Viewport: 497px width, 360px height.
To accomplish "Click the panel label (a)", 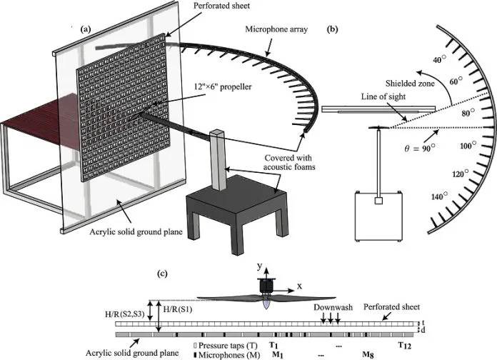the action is (86, 29).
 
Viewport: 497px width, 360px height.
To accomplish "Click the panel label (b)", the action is (332, 29).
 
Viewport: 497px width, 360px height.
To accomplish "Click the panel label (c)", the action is (163, 274).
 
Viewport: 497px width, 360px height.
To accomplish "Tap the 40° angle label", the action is (439, 59).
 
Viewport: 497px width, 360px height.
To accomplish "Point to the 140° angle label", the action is (439, 196).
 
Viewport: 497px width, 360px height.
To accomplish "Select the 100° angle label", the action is (468, 146).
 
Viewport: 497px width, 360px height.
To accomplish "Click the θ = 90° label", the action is (420, 148).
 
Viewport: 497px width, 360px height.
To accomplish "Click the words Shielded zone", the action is (410, 84).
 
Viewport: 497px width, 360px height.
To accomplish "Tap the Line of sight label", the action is (383, 96).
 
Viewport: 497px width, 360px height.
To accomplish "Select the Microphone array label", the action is (276, 29).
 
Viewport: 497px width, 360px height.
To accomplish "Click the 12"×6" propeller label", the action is (223, 86).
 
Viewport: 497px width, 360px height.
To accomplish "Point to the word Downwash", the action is (333, 307).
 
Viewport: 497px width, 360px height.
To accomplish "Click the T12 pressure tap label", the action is (405, 345).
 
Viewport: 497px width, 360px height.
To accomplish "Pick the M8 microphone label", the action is (368, 354).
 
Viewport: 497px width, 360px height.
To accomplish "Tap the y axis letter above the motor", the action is (260, 266).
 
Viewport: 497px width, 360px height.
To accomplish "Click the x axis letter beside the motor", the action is (299, 286).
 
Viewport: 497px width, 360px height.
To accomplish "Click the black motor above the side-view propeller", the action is (266, 286).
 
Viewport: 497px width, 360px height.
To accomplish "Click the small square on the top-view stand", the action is (378, 201).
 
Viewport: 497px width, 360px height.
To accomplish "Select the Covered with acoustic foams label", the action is (289, 162).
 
